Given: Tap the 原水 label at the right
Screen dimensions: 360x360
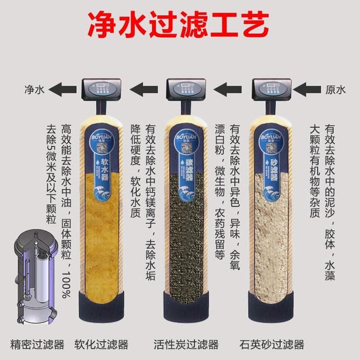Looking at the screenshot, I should tap(335, 90).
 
